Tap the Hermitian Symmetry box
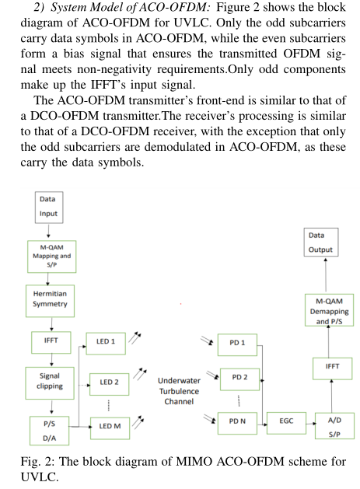51,299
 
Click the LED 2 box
109,382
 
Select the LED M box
109,425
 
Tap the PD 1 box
237,343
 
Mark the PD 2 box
240,377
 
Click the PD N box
237,421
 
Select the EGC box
286,421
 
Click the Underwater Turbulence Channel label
178,392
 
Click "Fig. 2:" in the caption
39,462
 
